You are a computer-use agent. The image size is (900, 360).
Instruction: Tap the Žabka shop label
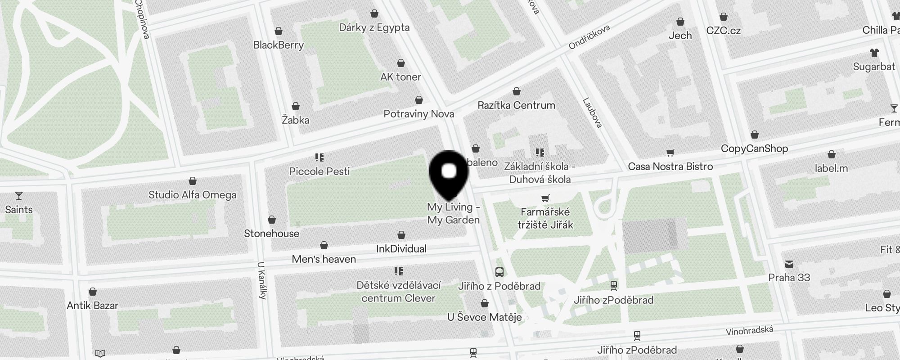click(x=295, y=120)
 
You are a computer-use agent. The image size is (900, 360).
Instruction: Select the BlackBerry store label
click(x=279, y=45)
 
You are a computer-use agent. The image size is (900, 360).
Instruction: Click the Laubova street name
click(x=592, y=112)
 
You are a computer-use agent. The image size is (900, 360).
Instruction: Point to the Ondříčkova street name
click(x=589, y=37)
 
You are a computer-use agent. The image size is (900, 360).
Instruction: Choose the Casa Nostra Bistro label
click(x=670, y=166)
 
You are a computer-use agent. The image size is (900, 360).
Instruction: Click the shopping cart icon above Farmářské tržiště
click(x=545, y=198)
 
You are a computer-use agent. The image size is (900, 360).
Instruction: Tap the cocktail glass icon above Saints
click(x=19, y=196)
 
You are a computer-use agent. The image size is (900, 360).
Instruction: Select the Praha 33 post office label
click(x=789, y=278)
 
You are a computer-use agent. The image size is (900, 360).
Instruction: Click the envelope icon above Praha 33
click(x=789, y=264)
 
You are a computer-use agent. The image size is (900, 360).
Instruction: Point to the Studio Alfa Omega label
click(x=193, y=195)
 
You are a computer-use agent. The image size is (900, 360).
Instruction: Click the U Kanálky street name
click(x=262, y=280)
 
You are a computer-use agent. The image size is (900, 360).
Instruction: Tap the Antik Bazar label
click(x=92, y=306)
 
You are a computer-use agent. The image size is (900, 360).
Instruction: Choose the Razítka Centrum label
click(x=516, y=105)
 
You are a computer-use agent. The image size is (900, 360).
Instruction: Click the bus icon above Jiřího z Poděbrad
click(x=499, y=272)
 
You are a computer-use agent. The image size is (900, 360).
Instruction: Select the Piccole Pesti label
click(x=319, y=171)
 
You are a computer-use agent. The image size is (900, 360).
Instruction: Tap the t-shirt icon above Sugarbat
click(x=874, y=53)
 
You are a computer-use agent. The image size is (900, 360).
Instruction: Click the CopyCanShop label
click(x=754, y=148)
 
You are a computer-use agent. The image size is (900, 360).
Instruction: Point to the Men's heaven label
click(x=324, y=259)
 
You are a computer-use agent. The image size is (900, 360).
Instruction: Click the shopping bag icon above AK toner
click(x=400, y=63)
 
